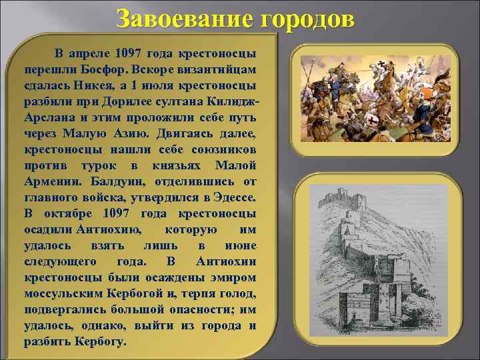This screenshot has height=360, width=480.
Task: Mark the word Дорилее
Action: (x=129, y=101)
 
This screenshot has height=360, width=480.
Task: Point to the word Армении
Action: (x=52, y=181)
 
